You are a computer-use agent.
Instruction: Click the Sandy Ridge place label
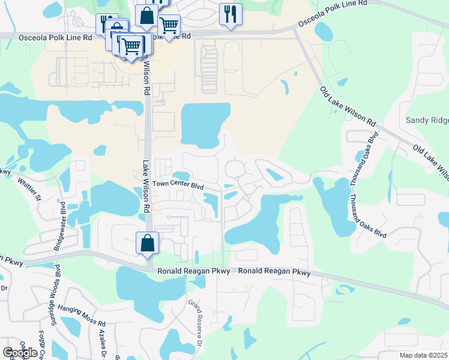[x=427, y=120]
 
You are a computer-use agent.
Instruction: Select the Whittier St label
[x=29, y=187]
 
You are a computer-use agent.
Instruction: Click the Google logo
[x=20, y=352]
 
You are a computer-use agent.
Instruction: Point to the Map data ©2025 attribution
[x=424, y=355]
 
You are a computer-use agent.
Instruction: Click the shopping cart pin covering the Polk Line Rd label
[x=169, y=26]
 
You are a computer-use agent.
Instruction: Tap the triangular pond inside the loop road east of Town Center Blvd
[x=275, y=175]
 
